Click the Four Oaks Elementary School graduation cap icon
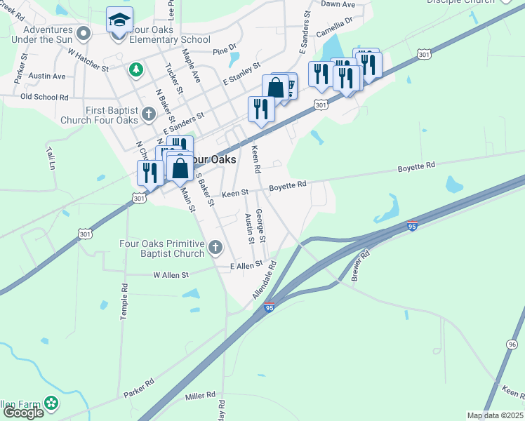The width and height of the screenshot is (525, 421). (x=119, y=20)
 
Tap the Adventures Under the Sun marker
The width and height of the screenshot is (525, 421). (x=84, y=33)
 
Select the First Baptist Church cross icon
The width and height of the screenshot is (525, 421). (x=147, y=114)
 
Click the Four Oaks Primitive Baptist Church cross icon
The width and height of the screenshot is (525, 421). (x=215, y=247)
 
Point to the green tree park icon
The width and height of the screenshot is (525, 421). (x=135, y=69)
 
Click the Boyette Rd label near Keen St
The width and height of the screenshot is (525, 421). (x=288, y=185)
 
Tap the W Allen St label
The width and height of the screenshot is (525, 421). (x=171, y=275)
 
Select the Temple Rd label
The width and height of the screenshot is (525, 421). (x=124, y=302)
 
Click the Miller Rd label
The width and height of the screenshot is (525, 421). (x=199, y=397)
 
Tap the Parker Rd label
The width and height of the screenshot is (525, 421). (x=139, y=389)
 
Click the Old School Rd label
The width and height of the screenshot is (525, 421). (x=44, y=97)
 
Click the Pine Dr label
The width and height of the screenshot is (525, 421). (x=225, y=51)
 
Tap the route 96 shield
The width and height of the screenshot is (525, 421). (x=512, y=345)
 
